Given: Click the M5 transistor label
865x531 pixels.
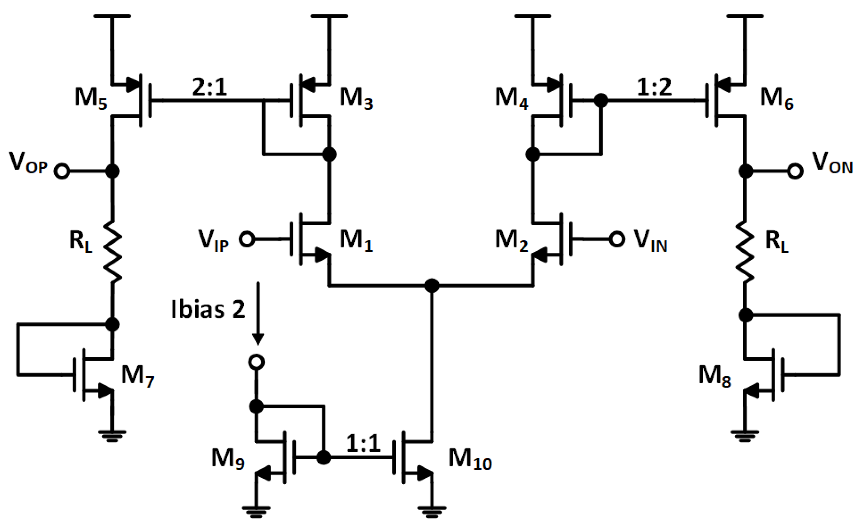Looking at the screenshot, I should (x=91, y=99).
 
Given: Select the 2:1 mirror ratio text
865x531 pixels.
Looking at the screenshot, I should (x=209, y=87).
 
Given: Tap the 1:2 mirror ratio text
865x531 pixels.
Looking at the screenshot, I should (x=654, y=87).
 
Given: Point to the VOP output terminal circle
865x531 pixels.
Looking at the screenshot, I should (x=62, y=171).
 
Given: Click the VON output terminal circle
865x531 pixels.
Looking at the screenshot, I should (x=795, y=171).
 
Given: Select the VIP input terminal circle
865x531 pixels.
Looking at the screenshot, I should (x=247, y=239).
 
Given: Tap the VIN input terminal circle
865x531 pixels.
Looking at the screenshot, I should (x=617, y=239).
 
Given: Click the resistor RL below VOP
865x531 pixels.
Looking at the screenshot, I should (x=113, y=251).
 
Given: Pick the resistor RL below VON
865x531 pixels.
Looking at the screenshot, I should (x=745, y=251).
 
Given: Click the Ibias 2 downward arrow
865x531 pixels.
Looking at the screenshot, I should (x=258, y=313).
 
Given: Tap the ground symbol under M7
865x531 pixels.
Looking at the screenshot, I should (x=112, y=436).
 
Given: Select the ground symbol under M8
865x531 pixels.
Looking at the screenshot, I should (x=745, y=436).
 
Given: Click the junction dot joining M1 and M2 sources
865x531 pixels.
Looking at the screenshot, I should (x=432, y=286).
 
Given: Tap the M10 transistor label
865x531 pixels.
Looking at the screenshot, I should (x=470, y=460).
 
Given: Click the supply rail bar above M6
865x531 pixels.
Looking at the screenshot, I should (x=745, y=16).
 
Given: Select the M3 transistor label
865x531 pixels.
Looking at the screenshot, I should (x=356, y=99).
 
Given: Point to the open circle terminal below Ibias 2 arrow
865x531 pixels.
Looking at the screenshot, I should (x=256, y=362).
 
